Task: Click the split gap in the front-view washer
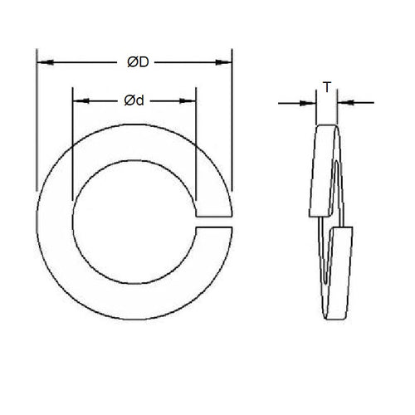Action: click(x=214, y=222)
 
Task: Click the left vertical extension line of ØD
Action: click(x=36, y=124)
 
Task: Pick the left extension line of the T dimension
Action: click(x=316, y=108)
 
